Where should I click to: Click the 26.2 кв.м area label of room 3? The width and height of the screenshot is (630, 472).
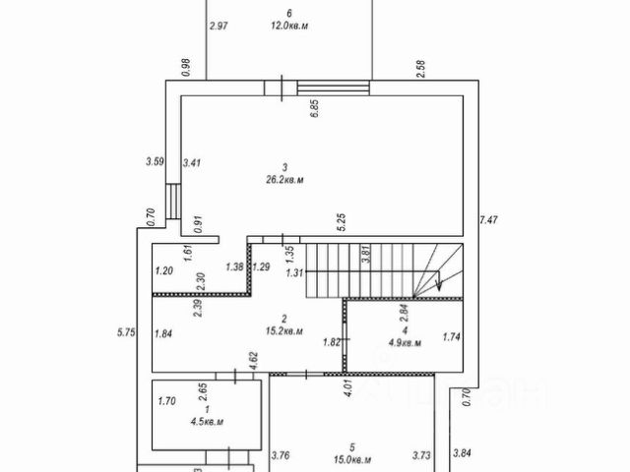[284, 180]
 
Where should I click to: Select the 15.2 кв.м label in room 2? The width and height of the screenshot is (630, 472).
[284, 331]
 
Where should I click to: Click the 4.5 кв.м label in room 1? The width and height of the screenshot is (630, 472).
[206, 422]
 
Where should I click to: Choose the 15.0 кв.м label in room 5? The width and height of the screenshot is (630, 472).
[352, 459]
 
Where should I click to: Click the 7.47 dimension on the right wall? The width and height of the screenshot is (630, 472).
[487, 219]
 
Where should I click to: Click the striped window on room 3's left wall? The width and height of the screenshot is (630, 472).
[171, 201]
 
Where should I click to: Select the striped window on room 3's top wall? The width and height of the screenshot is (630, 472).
[332, 88]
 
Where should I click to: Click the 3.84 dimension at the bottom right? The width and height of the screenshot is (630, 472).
[462, 454]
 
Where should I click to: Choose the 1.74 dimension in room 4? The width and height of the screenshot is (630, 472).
[452, 336]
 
